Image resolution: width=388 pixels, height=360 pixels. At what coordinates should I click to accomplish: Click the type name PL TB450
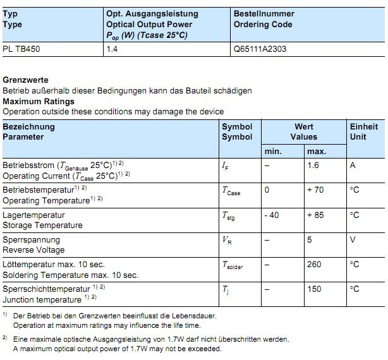(21, 49)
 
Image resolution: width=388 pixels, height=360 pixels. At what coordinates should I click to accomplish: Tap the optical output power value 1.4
(111, 49)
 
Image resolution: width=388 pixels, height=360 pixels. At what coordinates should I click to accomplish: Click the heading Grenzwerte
(25, 80)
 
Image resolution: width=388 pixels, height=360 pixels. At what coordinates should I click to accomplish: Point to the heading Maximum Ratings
(39, 101)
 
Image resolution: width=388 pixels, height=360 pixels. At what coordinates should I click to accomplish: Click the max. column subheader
(316, 152)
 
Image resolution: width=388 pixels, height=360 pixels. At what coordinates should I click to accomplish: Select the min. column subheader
(273, 152)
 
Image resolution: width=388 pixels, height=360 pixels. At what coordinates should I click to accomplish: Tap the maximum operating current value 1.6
(313, 165)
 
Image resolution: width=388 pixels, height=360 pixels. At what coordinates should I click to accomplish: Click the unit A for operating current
(353, 165)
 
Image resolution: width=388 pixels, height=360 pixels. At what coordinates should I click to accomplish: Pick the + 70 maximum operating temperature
(315, 189)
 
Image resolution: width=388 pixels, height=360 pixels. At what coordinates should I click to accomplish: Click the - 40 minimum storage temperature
(272, 215)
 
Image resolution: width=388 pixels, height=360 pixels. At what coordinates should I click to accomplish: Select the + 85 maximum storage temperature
(315, 215)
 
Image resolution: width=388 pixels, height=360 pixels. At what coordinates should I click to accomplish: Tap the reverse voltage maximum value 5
(310, 240)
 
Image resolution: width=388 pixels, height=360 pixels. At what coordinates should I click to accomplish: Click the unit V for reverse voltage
(353, 240)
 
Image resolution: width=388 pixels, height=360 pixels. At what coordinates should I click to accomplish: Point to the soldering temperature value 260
(314, 265)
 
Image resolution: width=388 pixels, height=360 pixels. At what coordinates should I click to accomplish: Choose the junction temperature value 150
(314, 289)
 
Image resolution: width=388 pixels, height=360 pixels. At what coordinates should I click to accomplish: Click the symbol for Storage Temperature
(228, 216)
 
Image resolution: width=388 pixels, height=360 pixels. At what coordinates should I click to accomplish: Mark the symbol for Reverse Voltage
(227, 241)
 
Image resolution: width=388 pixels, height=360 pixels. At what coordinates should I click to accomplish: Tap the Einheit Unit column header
(364, 131)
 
